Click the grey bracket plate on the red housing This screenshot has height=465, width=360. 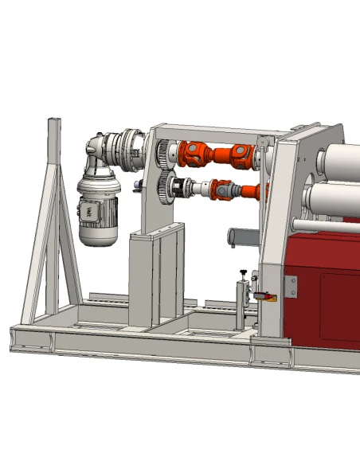[x=290, y=288]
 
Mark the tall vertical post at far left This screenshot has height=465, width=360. [x=54, y=215]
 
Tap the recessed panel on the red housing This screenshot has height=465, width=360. [x=339, y=307]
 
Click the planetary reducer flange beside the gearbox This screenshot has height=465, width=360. [x=127, y=150]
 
